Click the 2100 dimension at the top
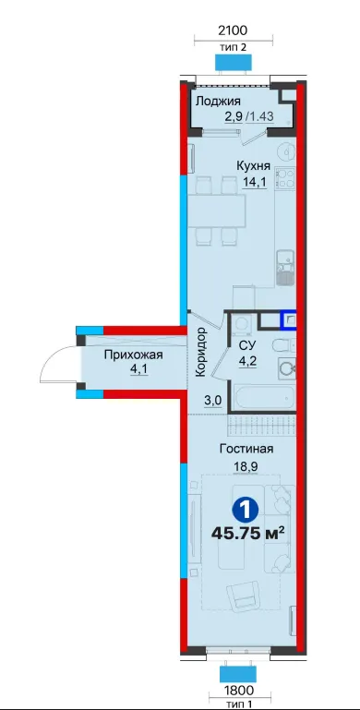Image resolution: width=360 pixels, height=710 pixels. click(x=233, y=30)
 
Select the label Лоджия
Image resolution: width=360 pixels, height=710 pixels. click(x=218, y=102)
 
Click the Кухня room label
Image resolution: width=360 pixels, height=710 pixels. click(x=253, y=166)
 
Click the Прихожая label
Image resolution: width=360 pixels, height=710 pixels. click(x=133, y=355)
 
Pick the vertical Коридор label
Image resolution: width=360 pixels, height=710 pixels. click(x=201, y=352)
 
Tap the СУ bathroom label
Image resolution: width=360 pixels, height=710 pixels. click(x=246, y=345)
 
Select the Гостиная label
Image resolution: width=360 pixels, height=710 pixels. click(x=246, y=449)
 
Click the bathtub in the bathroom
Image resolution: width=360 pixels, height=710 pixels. click(x=264, y=397)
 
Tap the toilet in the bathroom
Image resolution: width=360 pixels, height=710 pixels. click(x=284, y=345)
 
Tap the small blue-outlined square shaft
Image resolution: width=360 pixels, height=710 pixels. click(x=289, y=320)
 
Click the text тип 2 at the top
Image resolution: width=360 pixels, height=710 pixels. click(x=233, y=47)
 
